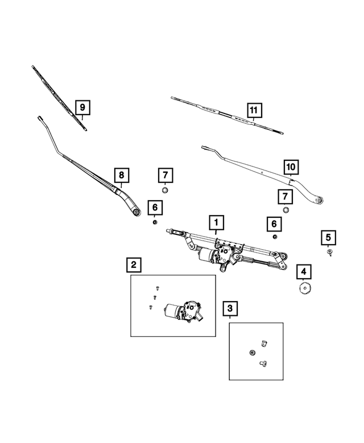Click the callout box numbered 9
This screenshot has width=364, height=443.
(x=82, y=107)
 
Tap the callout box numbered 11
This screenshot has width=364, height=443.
(x=254, y=110)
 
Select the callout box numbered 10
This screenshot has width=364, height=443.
(x=291, y=167)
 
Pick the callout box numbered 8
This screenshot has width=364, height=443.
(x=121, y=175)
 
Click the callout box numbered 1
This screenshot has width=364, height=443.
(x=216, y=222)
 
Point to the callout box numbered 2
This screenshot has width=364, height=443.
(x=134, y=265)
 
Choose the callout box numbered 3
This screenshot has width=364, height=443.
(x=230, y=308)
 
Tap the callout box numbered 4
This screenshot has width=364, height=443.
(x=303, y=272)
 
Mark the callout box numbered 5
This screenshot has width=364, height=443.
(x=329, y=238)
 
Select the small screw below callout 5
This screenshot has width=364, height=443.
(x=329, y=252)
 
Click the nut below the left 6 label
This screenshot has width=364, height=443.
(x=155, y=222)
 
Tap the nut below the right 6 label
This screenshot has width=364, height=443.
(x=274, y=237)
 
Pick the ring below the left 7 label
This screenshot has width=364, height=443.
(x=165, y=190)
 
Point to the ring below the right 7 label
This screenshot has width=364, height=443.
(x=286, y=210)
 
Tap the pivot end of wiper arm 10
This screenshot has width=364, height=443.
(x=319, y=200)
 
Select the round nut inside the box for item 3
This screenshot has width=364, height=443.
(x=253, y=352)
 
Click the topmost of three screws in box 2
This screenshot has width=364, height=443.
(x=158, y=288)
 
